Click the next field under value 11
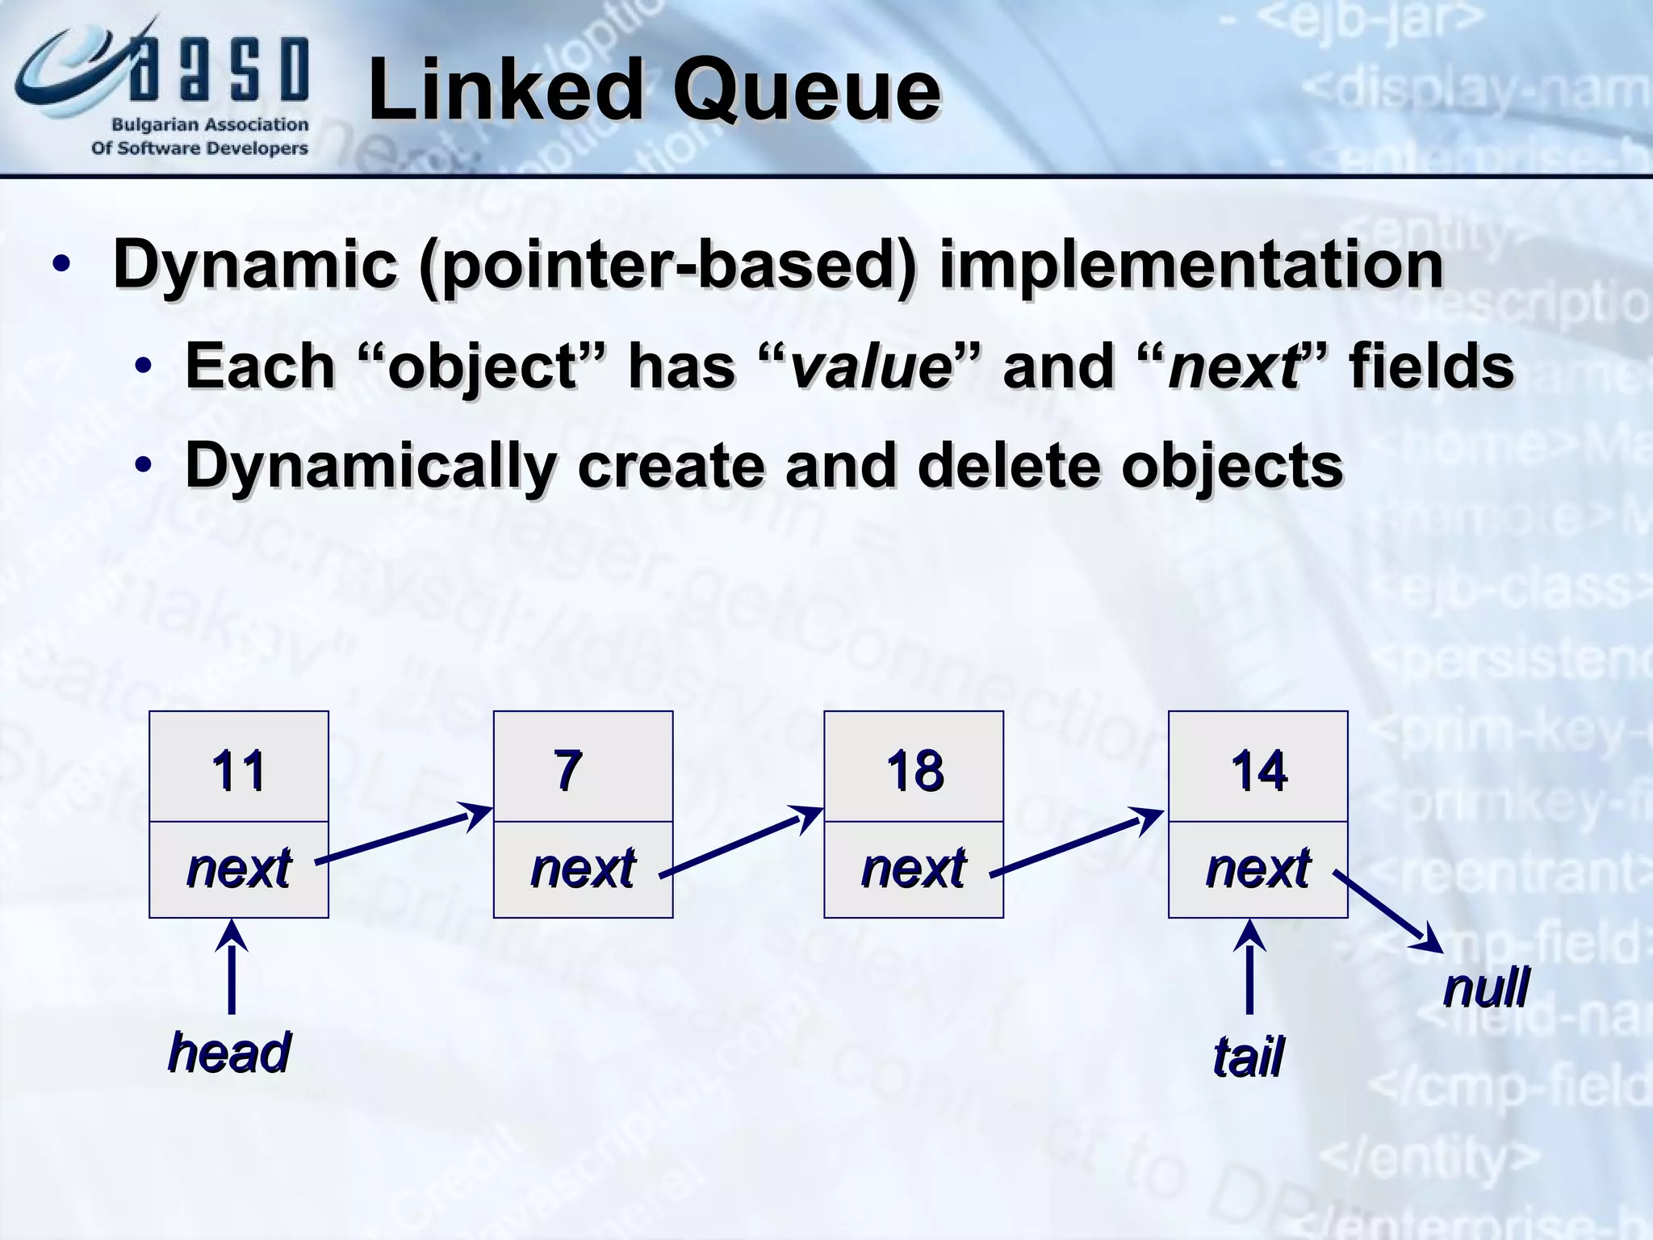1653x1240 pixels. pyautogui.click(x=238, y=869)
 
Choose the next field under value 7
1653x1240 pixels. pyautogui.click(x=583, y=869)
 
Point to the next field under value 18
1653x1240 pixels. pyautogui.click(x=913, y=869)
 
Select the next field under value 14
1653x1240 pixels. pyautogui.click(x=1258, y=869)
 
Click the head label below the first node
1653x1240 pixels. pyautogui.click(x=229, y=1053)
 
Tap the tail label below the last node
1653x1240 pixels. pyautogui.click(x=1248, y=1057)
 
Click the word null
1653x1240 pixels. pyautogui.click(x=1486, y=987)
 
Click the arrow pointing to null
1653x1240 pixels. pyautogui.click(x=1387, y=911)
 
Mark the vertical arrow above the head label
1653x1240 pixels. pyautogui.click(x=232, y=969)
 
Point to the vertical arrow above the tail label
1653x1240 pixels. pyautogui.click(x=1249, y=969)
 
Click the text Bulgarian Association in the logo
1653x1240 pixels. pyautogui.click(x=210, y=125)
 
